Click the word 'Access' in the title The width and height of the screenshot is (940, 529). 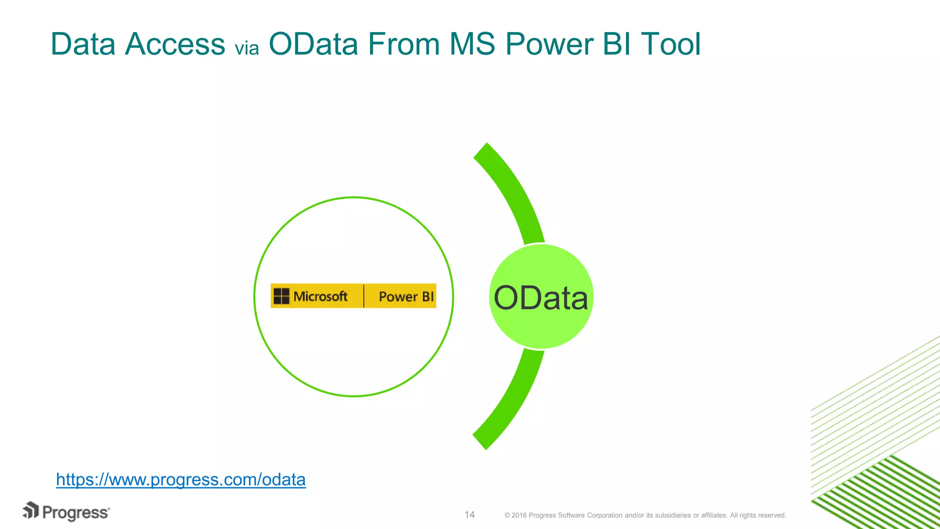[175, 45]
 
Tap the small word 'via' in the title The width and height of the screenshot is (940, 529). [247, 48]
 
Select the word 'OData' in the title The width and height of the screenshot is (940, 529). [313, 45]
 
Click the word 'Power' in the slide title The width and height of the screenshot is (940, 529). [549, 45]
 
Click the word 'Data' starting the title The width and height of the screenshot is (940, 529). [83, 45]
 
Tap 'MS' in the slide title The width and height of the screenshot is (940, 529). [472, 45]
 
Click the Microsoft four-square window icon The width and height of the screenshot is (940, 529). [281, 296]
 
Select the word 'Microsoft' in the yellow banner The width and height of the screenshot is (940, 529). [320, 297]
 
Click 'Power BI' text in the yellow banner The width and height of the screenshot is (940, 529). [406, 297]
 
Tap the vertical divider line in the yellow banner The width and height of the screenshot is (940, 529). [364, 296]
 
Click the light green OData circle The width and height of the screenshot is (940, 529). [541, 321]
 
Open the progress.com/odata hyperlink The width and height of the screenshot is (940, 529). [181, 479]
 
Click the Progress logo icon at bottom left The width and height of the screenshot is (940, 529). [31, 511]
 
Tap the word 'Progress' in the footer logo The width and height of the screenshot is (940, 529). [76, 513]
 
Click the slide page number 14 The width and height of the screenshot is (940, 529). [470, 515]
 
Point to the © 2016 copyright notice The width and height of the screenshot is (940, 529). [645, 515]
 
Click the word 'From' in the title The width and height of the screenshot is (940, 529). [403, 45]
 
